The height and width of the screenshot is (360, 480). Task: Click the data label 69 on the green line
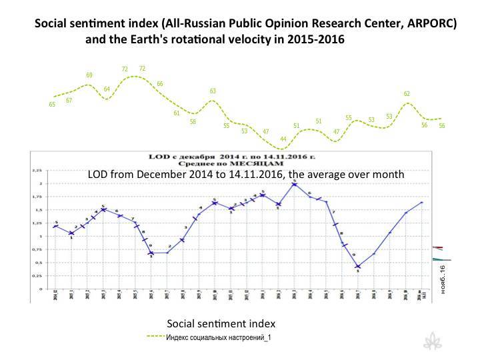pyautogui.click(x=89, y=75)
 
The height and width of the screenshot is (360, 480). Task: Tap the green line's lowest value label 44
pyautogui.click(x=283, y=139)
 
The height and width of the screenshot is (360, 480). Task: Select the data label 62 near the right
pyautogui.click(x=407, y=94)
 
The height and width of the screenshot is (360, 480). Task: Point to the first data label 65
pyautogui.click(x=52, y=104)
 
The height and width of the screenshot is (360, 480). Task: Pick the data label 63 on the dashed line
pyautogui.click(x=213, y=91)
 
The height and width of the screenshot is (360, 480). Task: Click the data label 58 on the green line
pyautogui.click(x=193, y=122)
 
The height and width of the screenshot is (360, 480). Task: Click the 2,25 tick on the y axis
pyautogui.click(x=36, y=171)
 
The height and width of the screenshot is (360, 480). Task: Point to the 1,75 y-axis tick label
pyautogui.click(x=36, y=197)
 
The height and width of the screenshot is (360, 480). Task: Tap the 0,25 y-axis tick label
pyautogui.click(x=36, y=275)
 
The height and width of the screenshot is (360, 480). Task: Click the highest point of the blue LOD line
pyautogui.click(x=294, y=183)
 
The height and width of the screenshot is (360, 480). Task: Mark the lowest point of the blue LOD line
pyautogui.click(x=358, y=267)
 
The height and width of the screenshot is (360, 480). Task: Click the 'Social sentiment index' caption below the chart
pyautogui.click(x=221, y=323)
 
